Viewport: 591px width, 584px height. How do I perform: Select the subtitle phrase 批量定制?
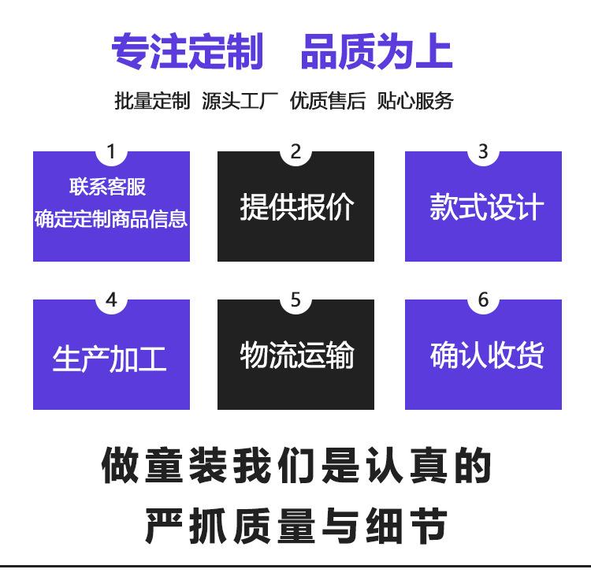tap(152, 101)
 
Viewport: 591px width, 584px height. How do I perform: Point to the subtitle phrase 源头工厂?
tap(240, 101)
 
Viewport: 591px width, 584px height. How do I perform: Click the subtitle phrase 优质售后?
tap(327, 101)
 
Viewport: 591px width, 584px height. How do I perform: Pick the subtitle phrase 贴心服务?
tap(414, 101)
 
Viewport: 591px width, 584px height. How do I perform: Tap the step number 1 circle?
tap(111, 152)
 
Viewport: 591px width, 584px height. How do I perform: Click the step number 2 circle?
tap(295, 152)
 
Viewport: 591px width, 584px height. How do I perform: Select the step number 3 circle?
tap(483, 152)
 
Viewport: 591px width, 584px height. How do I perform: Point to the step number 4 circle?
tap(111, 300)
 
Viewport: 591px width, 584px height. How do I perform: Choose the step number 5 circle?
tap(295, 300)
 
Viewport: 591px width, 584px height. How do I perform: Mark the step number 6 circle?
tap(483, 300)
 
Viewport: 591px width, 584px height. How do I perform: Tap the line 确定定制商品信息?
tap(111, 218)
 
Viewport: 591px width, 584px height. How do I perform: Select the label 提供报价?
tap(296, 207)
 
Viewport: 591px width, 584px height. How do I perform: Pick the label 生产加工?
tap(110, 359)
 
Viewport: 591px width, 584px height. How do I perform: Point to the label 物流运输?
tap(296, 355)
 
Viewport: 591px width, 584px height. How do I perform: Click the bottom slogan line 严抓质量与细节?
tap(295, 525)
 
